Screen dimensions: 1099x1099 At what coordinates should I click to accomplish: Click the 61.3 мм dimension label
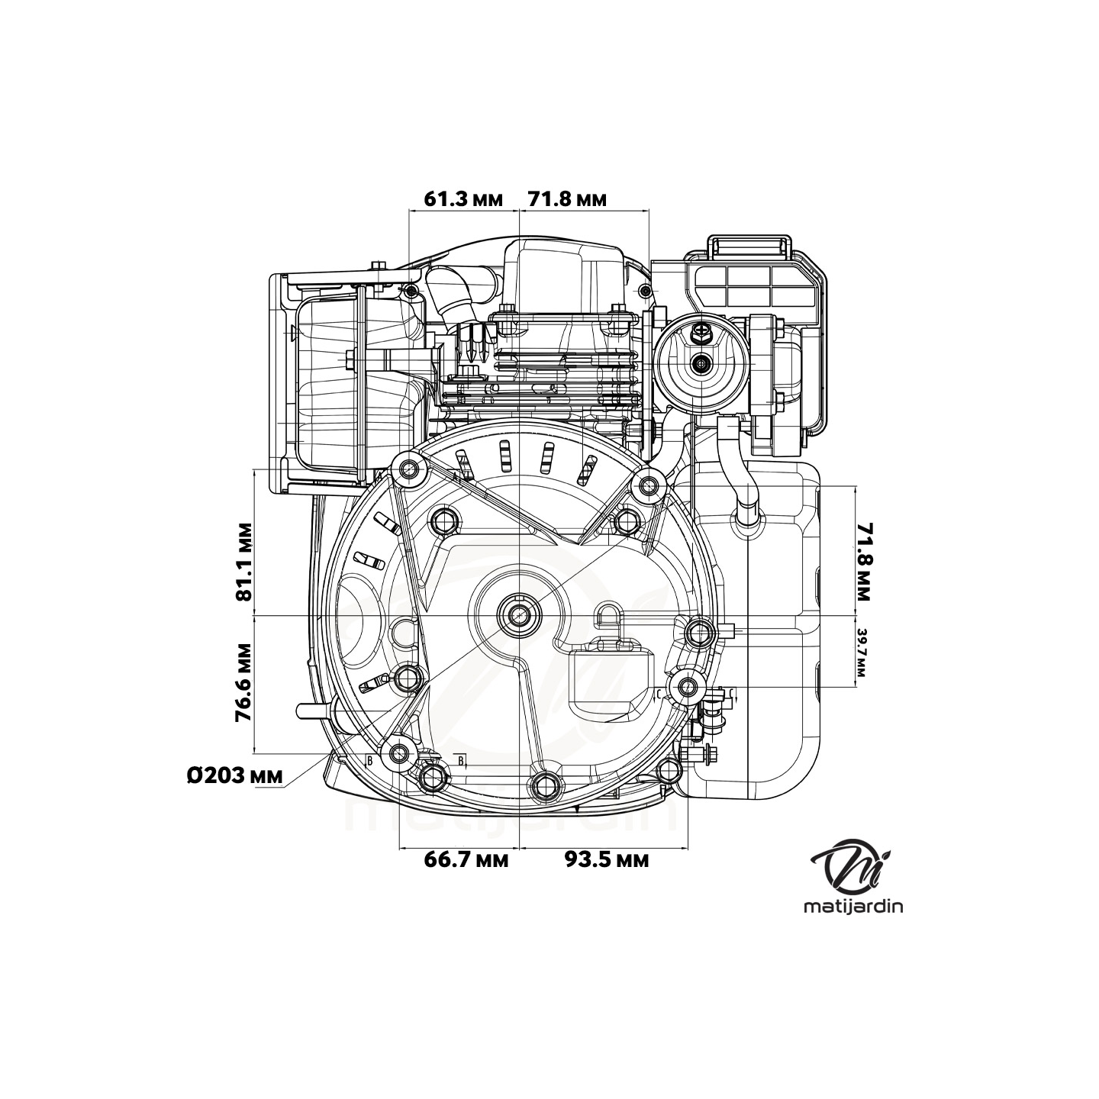(463, 200)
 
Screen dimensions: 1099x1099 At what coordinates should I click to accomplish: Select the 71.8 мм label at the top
(567, 200)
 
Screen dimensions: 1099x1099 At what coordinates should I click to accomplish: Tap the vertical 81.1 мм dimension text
(243, 562)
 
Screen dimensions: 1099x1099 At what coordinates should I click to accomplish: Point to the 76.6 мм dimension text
(243, 682)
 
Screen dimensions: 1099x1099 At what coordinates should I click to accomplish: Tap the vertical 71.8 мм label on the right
(863, 561)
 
